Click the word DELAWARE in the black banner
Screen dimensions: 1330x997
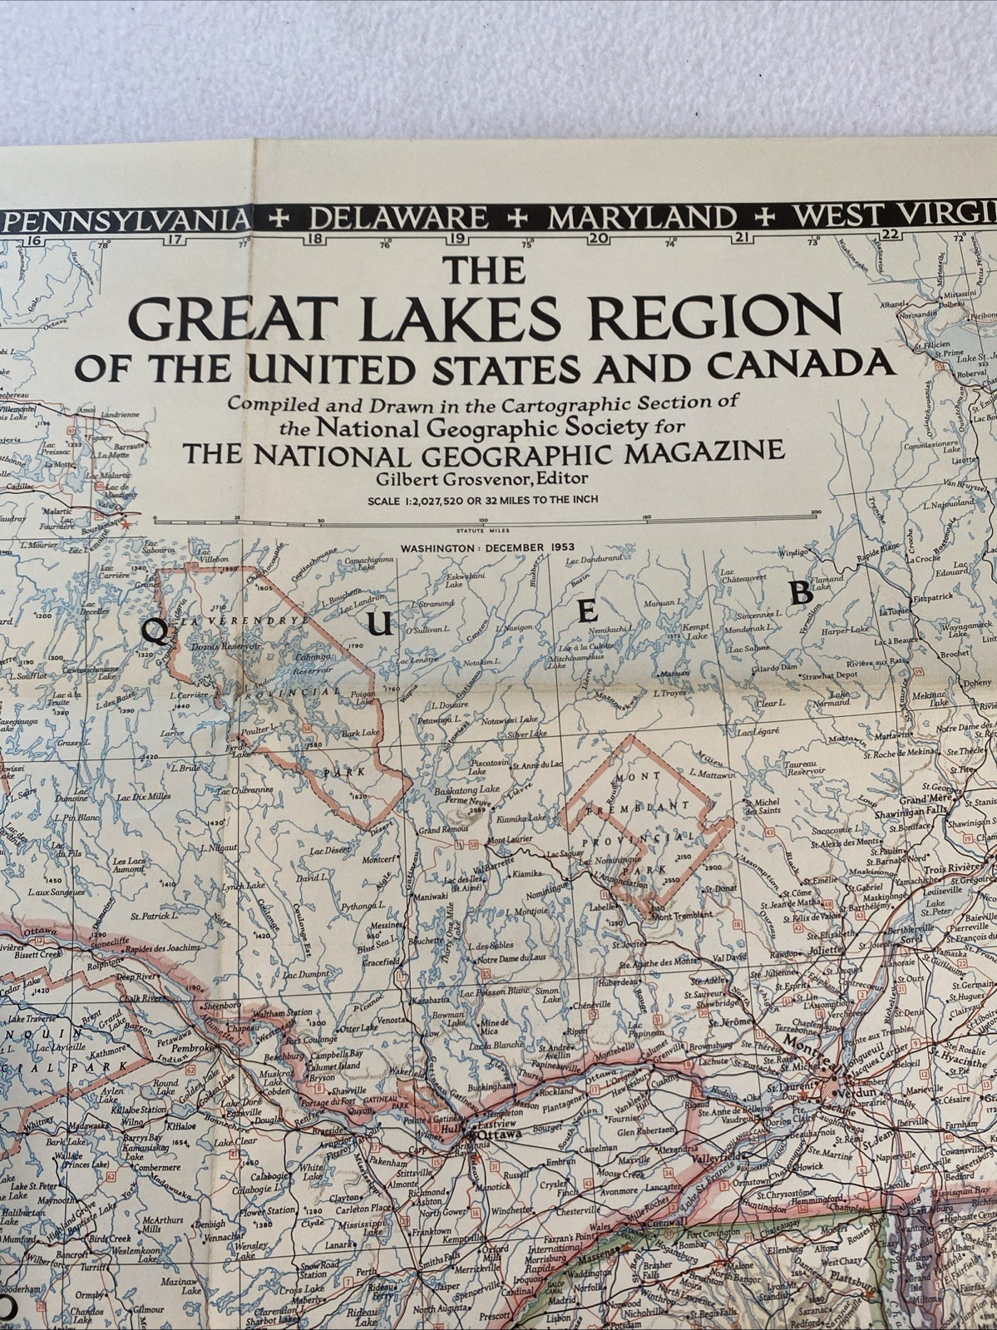398,218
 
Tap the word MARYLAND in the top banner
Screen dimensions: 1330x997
642,218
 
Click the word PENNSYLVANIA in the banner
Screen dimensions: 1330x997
126,220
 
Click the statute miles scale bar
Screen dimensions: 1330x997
487,519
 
